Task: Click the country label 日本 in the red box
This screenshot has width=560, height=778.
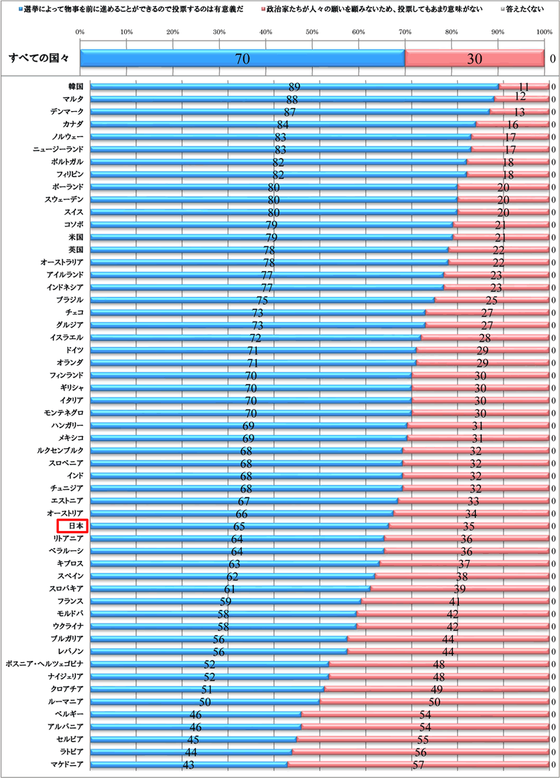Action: pyautogui.click(x=75, y=526)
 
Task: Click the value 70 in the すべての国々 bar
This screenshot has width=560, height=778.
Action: pyautogui.click(x=242, y=58)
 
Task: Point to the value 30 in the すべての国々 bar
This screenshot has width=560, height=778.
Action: pyautogui.click(x=474, y=58)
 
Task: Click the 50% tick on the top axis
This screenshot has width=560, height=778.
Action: pyautogui.click(x=312, y=32)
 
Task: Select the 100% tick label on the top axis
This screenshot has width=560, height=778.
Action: pyautogui.click(x=544, y=32)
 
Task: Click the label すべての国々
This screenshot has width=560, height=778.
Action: pyautogui.click(x=39, y=58)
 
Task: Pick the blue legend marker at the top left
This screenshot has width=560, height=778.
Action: pyautogui.click(x=20, y=9)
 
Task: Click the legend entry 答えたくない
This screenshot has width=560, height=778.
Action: pyautogui.click(x=524, y=9)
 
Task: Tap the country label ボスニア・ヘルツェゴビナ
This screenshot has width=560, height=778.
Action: pyautogui.click(x=44, y=664)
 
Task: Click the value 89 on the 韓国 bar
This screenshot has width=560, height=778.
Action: pyautogui.click(x=294, y=87)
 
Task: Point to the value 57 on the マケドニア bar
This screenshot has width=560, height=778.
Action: pyautogui.click(x=418, y=765)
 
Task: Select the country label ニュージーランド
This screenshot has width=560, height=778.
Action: pyautogui.click(x=58, y=149)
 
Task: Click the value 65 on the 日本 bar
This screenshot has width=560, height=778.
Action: pyautogui.click(x=238, y=526)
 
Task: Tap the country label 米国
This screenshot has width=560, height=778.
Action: pyautogui.click(x=75, y=237)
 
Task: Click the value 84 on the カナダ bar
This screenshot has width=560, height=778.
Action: pyautogui.click(x=282, y=125)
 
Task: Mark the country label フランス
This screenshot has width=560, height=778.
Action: pyautogui.click(x=70, y=601)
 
